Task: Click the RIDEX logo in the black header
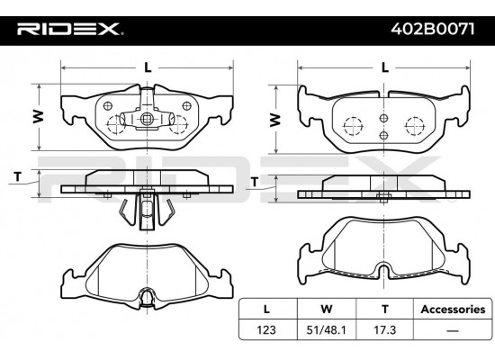[x=70, y=29]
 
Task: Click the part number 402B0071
[x=433, y=30]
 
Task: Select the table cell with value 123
[x=266, y=330]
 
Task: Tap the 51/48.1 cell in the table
[x=326, y=330]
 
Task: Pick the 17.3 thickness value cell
[x=385, y=330]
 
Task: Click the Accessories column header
[x=453, y=310]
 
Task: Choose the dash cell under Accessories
[x=453, y=330]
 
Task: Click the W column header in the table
[x=326, y=310]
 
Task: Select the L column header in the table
[x=266, y=310]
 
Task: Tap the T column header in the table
[x=385, y=310]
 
